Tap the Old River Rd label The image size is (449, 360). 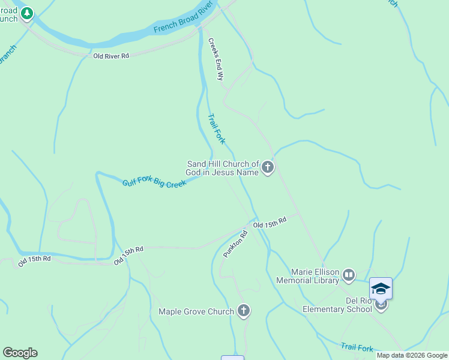coord(111,56)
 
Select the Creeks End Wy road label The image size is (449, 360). coord(215,59)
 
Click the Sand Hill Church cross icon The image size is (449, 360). coord(268,168)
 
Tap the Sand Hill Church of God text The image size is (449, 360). coord(223,168)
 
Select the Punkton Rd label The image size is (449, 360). coord(235,245)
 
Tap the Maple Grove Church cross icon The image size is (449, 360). coord(243,311)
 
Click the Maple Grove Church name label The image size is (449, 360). coord(196,311)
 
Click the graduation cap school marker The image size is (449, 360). coord(381,289)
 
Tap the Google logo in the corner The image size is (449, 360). coord(20,353)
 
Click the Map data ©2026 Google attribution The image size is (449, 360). coord(412,355)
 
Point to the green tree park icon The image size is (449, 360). coord(27,14)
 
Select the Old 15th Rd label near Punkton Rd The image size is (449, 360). coord(270,223)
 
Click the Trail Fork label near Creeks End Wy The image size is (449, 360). coord(216,128)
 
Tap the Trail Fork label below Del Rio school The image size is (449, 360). coord(357,347)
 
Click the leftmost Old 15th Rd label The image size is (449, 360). coord(34,260)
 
